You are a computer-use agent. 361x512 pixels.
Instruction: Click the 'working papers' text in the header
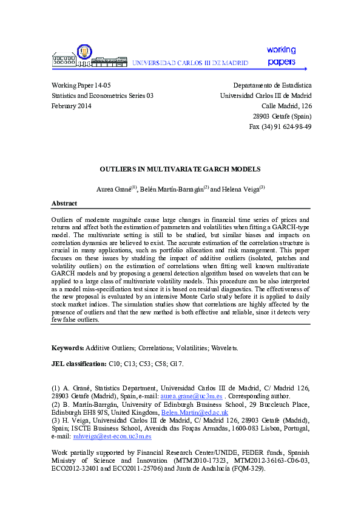pyautogui.click(x=280, y=56)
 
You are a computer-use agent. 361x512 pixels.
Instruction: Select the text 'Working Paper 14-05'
pyautogui.click(x=81, y=86)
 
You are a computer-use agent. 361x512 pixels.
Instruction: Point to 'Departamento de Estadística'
pyautogui.click(x=272, y=86)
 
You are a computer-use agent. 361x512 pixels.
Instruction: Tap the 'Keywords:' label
pyautogui.click(x=67, y=348)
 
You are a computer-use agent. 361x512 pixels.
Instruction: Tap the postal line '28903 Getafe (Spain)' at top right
pyautogui.click(x=282, y=116)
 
